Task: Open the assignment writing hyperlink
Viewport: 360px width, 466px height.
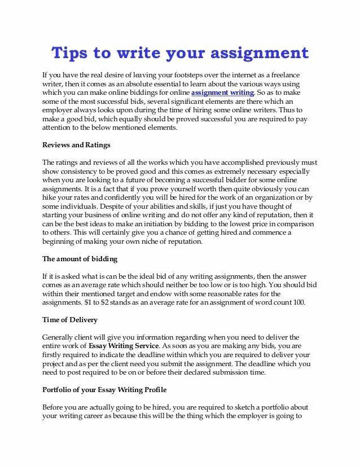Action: tap(223, 92)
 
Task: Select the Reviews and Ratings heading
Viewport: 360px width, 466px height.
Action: tap(76, 145)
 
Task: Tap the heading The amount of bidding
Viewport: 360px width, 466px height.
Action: tap(80, 259)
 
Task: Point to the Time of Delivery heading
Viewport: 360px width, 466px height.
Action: tap(70, 320)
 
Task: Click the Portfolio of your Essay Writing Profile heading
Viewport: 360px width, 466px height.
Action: tap(104, 390)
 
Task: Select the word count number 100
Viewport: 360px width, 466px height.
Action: tap(298, 302)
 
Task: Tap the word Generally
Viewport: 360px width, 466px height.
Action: tap(59, 337)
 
